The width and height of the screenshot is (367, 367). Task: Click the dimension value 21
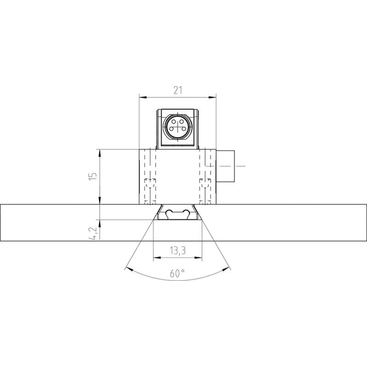[177, 91]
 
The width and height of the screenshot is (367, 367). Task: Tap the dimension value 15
[94, 176]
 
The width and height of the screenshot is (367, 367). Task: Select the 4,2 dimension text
[94, 234]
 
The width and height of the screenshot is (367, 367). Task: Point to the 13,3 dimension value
[177, 251]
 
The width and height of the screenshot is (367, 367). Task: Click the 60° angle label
[177, 273]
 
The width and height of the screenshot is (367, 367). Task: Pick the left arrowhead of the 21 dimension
[143, 97]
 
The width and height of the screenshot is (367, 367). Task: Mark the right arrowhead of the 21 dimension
[212, 97]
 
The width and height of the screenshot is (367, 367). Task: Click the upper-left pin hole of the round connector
[174, 121]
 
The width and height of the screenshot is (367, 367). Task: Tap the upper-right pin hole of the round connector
[182, 121]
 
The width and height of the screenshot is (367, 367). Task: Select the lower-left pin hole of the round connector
[171, 128]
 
